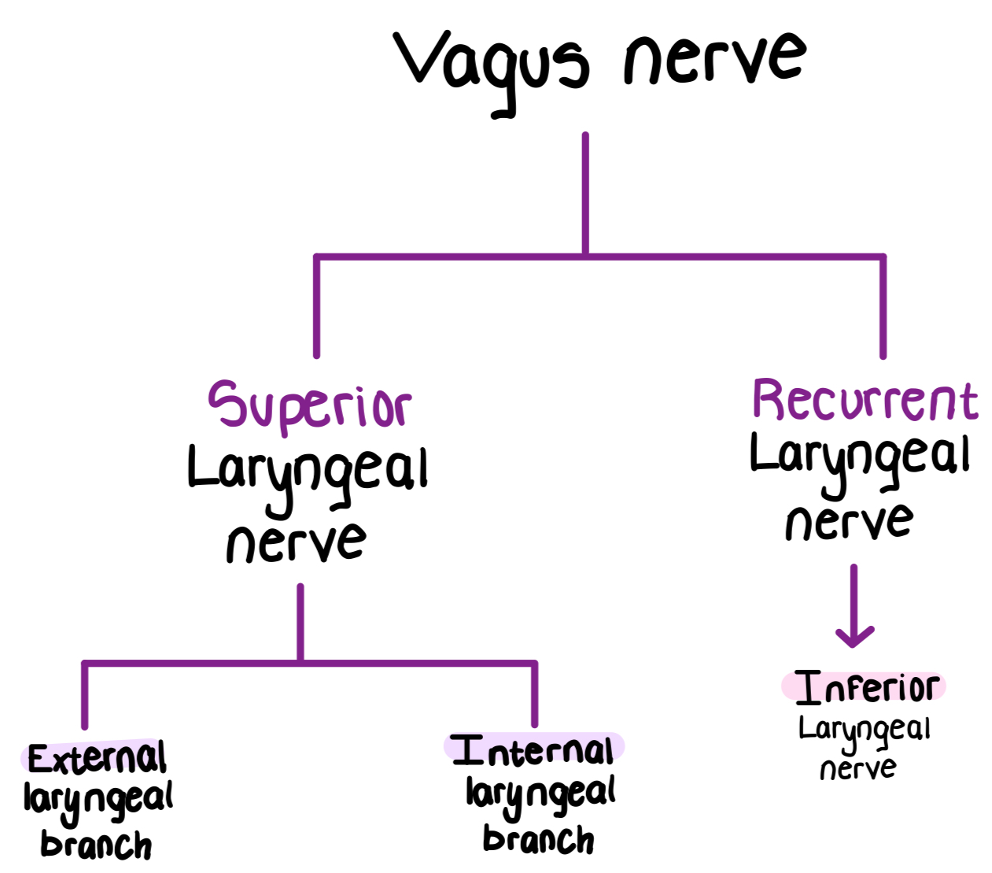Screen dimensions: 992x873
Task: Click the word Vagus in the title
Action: coord(492,63)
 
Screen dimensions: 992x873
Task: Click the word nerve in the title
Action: coord(714,59)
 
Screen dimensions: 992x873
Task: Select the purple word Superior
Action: coord(309,405)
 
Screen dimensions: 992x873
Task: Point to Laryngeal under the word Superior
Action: coord(308,470)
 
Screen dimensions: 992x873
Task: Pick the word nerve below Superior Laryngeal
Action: coord(297,541)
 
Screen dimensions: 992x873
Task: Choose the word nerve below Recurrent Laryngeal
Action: coord(849,521)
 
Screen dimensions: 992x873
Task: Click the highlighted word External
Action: coord(97,758)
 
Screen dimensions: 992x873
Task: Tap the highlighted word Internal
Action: coord(534,750)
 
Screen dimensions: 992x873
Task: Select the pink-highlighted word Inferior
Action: coord(866,687)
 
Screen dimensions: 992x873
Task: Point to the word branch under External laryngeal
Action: coord(96,845)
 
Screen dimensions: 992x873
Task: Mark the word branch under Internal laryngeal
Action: coord(539,839)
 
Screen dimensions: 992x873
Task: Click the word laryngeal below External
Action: coord(98,800)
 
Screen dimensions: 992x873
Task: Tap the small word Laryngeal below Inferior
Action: coord(865,730)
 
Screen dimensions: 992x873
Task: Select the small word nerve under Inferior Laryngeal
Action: coord(857,768)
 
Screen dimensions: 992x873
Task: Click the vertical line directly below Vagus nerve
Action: coord(585,193)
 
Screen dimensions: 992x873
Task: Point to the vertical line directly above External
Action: coord(84,697)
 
